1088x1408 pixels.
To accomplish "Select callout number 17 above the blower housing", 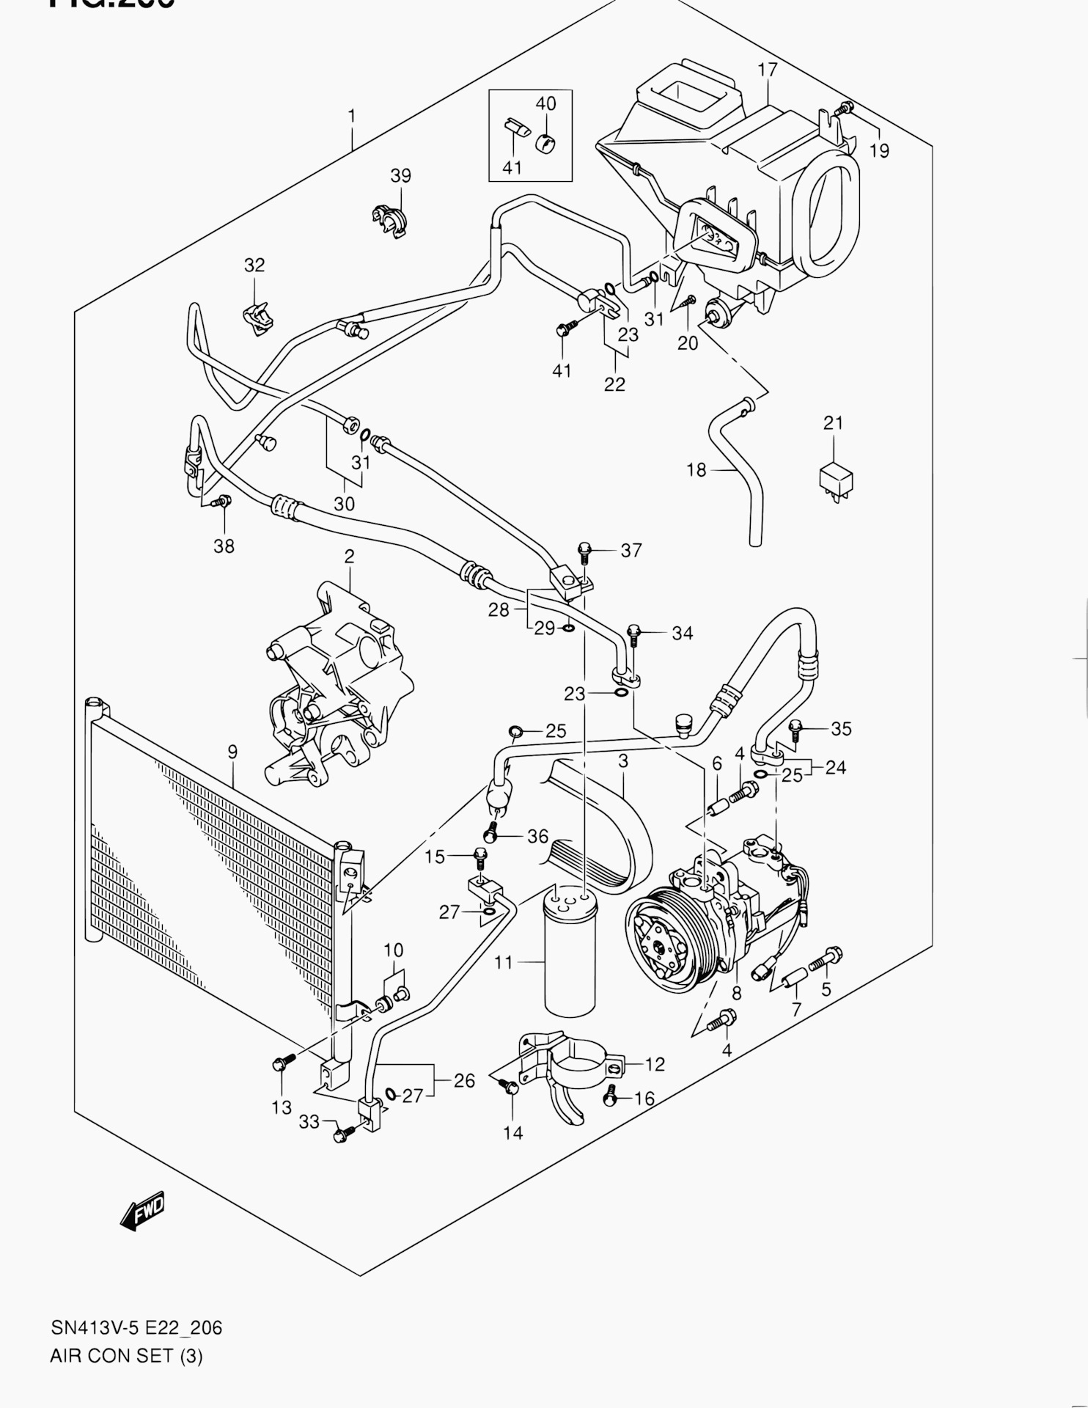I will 767,70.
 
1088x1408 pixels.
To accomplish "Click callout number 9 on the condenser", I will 232,752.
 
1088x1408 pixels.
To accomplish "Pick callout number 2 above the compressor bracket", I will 349,557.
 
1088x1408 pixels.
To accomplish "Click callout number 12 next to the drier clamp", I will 655,1064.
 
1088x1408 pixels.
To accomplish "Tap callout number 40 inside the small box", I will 545,104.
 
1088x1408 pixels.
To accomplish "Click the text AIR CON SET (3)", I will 126,1356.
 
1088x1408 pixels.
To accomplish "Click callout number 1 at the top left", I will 352,116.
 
